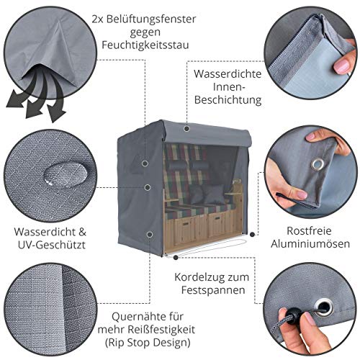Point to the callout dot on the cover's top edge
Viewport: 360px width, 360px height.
pyautogui.click(x=186, y=128)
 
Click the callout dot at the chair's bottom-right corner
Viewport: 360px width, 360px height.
pyautogui.click(x=251, y=234)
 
